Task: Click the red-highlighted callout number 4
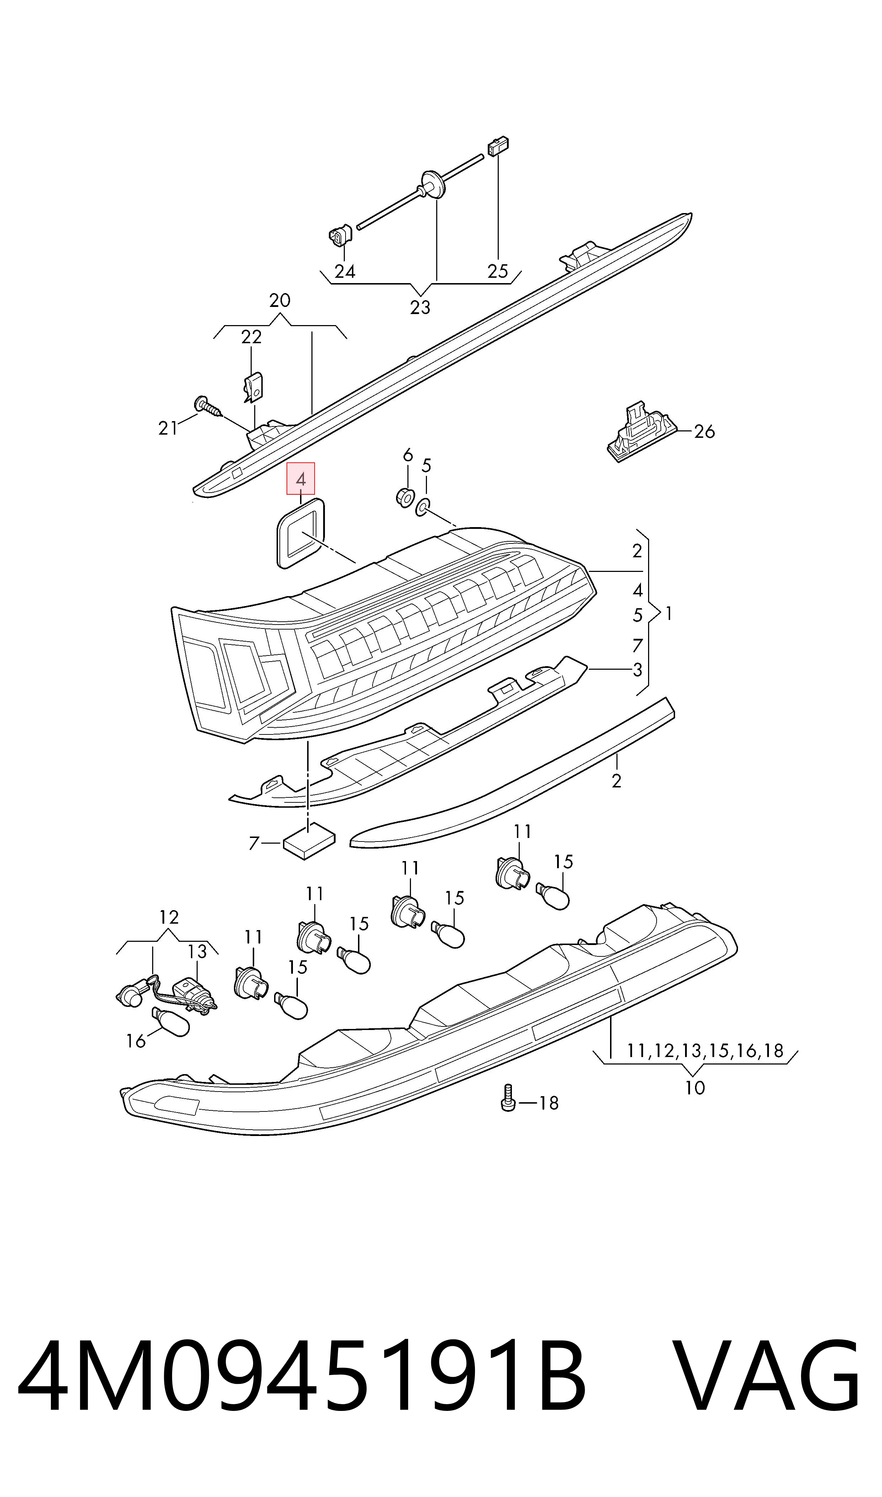point(301,479)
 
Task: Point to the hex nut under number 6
point(405,497)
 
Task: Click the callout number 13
point(197,951)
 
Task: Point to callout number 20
point(279,300)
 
